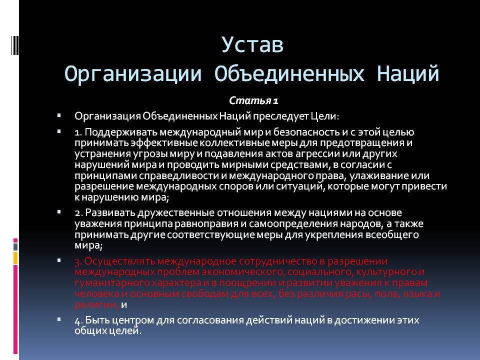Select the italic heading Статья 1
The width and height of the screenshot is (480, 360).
(x=254, y=101)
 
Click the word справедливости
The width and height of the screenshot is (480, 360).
(x=162, y=176)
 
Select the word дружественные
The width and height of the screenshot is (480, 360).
(x=160, y=213)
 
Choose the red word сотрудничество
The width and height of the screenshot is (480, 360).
(x=272, y=261)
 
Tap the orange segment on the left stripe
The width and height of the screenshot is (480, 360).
(x=15, y=258)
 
